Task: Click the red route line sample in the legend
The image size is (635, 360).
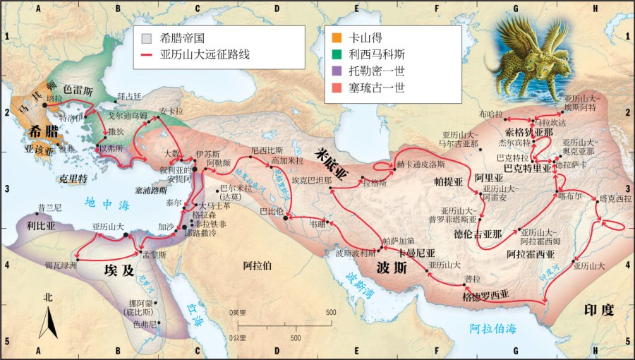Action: point(147,54)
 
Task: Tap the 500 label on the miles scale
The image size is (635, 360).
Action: point(330,312)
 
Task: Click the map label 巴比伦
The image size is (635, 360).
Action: point(271,211)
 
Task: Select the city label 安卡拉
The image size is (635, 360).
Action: point(171,111)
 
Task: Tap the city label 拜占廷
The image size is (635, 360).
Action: point(130,96)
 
